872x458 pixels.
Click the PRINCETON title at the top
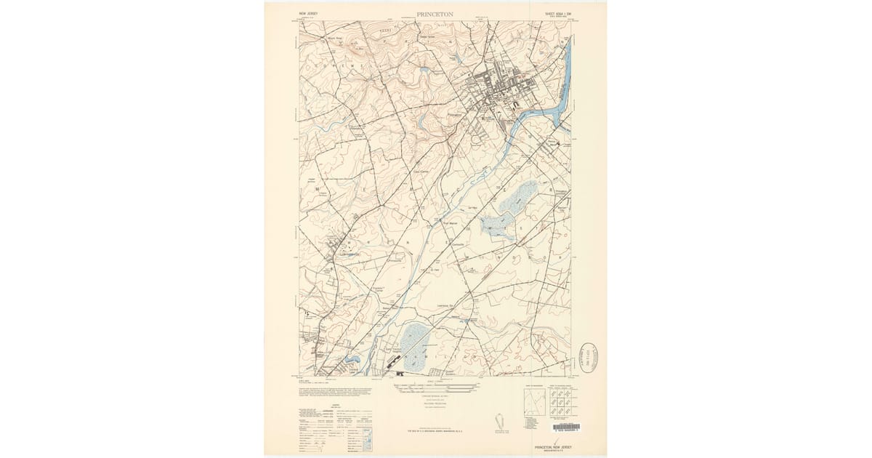(x=435, y=14)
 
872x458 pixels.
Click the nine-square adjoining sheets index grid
(x=559, y=403)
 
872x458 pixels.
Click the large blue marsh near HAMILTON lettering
(x=413, y=340)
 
